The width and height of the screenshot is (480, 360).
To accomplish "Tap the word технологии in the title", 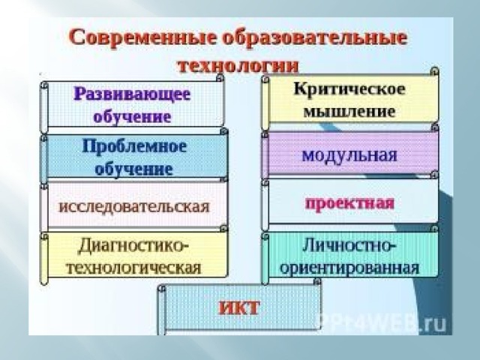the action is pyautogui.click(x=238, y=65).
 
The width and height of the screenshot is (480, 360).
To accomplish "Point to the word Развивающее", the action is pyautogui.click(x=132, y=94).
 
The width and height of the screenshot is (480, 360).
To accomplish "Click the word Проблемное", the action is pyautogui.click(x=134, y=146).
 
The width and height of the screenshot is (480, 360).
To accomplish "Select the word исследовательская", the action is pyautogui.click(x=134, y=206).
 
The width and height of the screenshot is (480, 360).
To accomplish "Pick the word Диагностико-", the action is pyautogui.click(x=133, y=246).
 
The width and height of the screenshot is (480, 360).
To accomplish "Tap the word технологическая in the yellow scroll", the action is pyautogui.click(x=134, y=268).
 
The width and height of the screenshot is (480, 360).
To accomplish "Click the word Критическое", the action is pyautogui.click(x=349, y=89).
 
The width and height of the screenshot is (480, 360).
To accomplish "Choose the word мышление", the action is pyautogui.click(x=349, y=111).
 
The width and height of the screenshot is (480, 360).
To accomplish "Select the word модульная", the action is pyautogui.click(x=349, y=155).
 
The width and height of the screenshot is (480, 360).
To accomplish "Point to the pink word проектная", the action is pyautogui.click(x=350, y=203).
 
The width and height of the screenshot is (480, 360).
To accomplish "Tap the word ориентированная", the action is pyautogui.click(x=349, y=268).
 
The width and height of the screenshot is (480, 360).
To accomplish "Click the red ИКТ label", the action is pyautogui.click(x=239, y=307).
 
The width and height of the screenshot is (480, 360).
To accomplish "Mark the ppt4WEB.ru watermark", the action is pyautogui.click(x=380, y=324).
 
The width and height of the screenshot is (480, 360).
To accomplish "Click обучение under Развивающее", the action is pyautogui.click(x=132, y=117).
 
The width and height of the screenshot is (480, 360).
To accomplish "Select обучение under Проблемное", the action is pyautogui.click(x=134, y=169).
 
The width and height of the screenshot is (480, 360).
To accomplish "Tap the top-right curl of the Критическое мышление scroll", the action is pyautogui.click(x=434, y=72).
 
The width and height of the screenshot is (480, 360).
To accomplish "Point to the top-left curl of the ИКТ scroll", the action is pyautogui.click(x=162, y=288).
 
